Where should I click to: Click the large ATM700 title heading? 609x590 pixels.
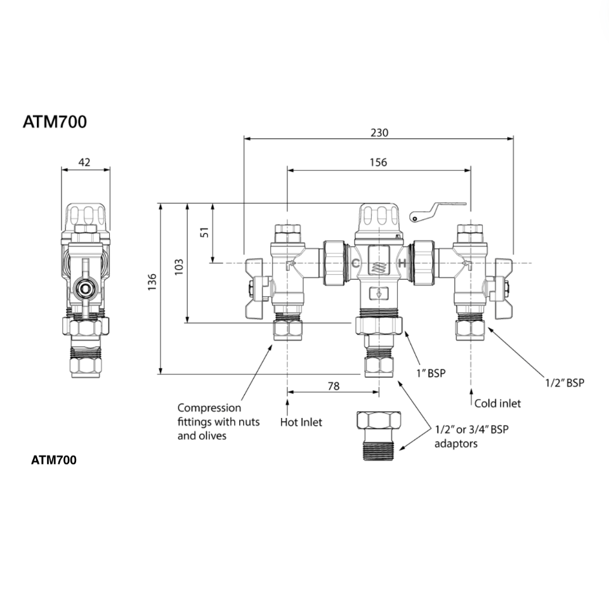pos(55,122)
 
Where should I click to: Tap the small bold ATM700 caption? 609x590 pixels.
pos(54,461)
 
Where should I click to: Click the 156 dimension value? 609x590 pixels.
pos(378,162)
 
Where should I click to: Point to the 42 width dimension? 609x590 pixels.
pos(84,162)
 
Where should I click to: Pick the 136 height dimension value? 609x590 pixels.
pos(152,283)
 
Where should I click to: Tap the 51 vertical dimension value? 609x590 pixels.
pos(205,232)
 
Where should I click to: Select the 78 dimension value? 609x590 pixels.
pos(333,386)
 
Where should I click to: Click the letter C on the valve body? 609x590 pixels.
pos(356,263)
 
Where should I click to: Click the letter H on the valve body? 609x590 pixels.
pos(402,263)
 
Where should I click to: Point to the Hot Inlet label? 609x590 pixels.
pos(301,422)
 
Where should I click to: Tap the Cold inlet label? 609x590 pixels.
pos(497,403)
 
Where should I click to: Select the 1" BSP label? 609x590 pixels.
pos(431,374)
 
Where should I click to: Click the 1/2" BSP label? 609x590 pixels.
pos(565,383)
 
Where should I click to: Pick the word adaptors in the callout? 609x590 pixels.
pos(455,443)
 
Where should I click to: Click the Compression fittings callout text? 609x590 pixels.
pos(218,422)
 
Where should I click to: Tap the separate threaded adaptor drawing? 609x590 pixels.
pos(378,437)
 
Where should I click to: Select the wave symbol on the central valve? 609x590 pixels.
pos(379,266)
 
